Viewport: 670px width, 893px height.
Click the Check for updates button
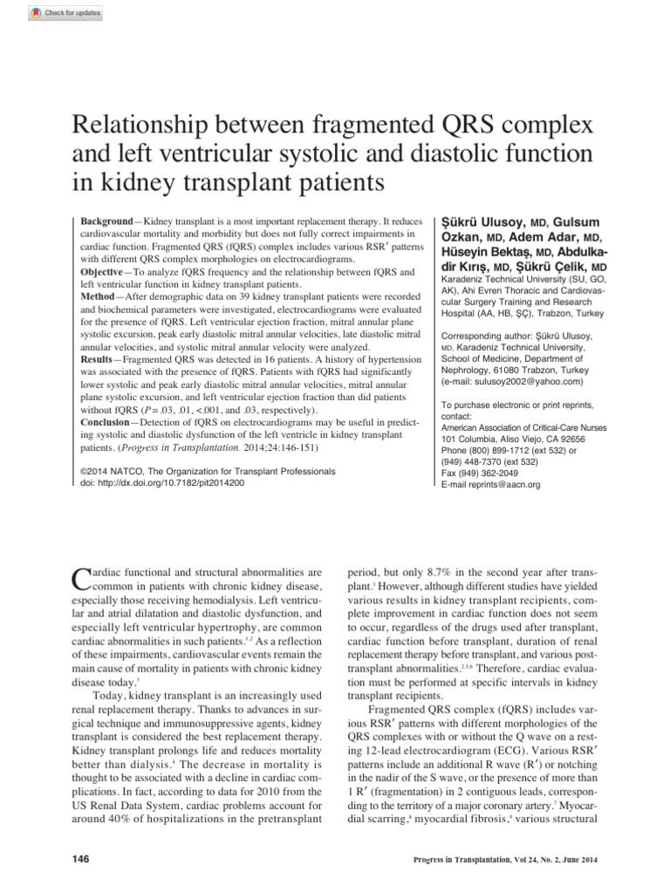pos(53,12)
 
